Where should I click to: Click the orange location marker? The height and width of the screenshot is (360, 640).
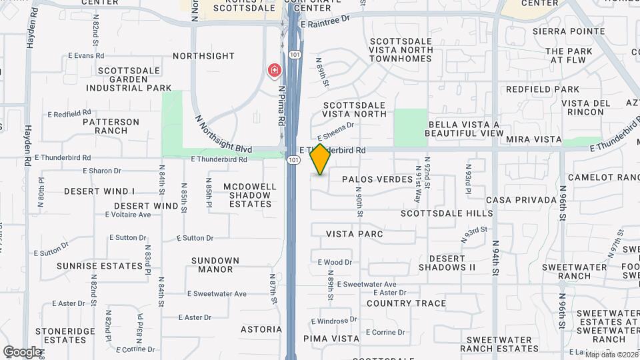[321, 159]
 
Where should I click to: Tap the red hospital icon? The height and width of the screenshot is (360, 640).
[273, 70]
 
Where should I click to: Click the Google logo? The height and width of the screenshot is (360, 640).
[21, 351]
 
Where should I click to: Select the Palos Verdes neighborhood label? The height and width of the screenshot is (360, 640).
[377, 179]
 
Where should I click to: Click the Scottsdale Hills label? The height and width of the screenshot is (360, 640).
[447, 213]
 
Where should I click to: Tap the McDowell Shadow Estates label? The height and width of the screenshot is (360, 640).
[248, 195]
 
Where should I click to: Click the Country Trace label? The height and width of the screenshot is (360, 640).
[407, 303]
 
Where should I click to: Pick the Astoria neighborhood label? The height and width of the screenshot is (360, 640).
[261, 329]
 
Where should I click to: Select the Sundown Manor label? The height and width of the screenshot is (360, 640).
[215, 265]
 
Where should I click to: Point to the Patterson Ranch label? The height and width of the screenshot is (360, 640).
[111, 126]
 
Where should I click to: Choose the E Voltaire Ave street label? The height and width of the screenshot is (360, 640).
[128, 215]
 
